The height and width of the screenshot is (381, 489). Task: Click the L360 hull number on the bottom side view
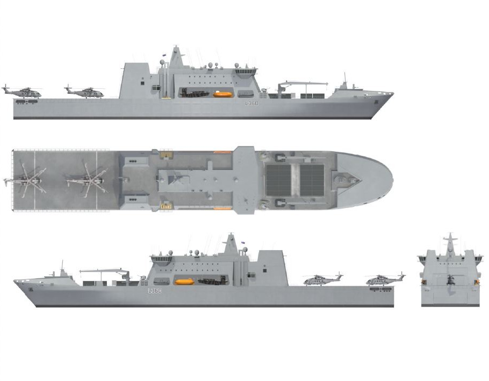click(x=155, y=291)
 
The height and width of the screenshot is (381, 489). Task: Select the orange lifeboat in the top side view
click(x=222, y=95)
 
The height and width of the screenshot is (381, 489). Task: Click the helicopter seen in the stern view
click(x=449, y=279)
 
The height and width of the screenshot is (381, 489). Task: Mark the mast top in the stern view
click(x=450, y=236)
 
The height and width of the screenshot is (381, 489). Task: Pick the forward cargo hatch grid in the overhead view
click(x=312, y=180)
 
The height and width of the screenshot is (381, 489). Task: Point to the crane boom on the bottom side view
click(x=105, y=271)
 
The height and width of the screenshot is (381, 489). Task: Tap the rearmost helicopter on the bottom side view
click(x=385, y=279)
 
